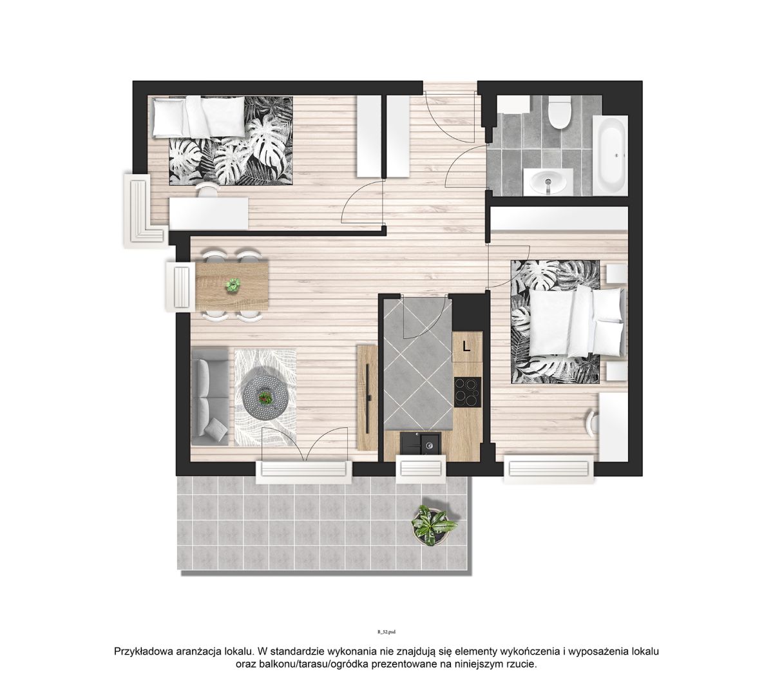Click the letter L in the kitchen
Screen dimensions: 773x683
click(x=466, y=346)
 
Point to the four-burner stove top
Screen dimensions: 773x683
click(x=467, y=392)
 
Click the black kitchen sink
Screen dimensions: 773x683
click(x=420, y=443)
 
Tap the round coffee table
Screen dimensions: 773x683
click(x=263, y=397)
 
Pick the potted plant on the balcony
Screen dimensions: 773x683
click(x=430, y=525)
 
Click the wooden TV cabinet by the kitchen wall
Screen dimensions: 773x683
click(x=367, y=397)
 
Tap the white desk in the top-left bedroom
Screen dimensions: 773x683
click(x=209, y=213)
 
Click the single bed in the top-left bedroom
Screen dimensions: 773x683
click(x=198, y=117)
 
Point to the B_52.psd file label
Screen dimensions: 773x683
click(x=386, y=632)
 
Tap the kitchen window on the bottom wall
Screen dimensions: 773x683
click(x=421, y=468)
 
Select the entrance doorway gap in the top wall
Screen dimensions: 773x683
click(x=450, y=88)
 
